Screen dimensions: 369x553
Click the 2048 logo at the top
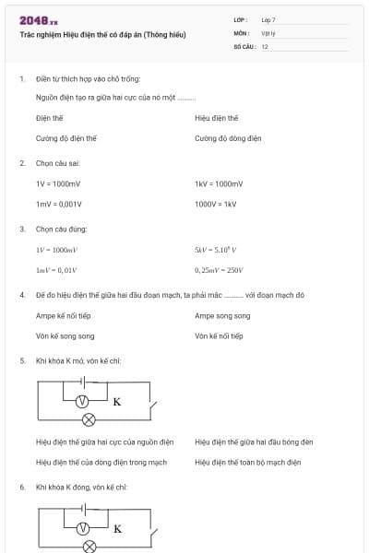pyautogui.click(x=39, y=20)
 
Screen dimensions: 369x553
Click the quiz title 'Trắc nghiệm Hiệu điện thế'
pyautogui.click(x=102, y=34)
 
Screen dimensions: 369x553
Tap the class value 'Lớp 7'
pyautogui.click(x=268, y=19)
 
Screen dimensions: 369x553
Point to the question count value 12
pyautogui.click(x=265, y=45)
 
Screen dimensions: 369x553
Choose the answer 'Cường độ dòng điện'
pyautogui.click(x=228, y=138)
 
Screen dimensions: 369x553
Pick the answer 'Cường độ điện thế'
pyautogui.click(x=66, y=138)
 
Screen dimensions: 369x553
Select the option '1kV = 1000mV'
pyautogui.click(x=219, y=183)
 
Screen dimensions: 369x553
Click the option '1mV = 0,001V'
pyautogui.click(x=59, y=204)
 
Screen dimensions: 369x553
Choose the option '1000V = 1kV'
pyautogui.click(x=216, y=204)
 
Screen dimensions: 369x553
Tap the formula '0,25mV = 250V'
pyautogui.click(x=219, y=270)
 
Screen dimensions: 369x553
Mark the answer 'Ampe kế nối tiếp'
pyautogui.click(x=63, y=315)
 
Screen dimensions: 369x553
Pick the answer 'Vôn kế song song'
pyautogui.click(x=65, y=336)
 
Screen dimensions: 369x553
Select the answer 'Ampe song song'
pyautogui.click(x=222, y=315)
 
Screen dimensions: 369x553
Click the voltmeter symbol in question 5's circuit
pyautogui.click(x=81, y=401)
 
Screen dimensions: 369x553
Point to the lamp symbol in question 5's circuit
pyautogui.click(x=89, y=419)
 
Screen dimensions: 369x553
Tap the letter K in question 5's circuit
pyautogui.click(x=117, y=402)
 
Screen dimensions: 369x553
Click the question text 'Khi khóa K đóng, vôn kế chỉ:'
pyautogui.click(x=81, y=486)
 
